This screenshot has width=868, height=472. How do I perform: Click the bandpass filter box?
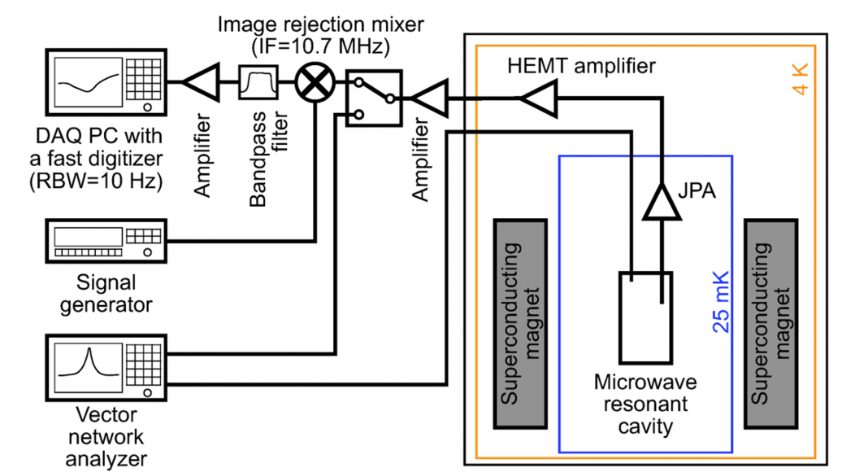click(x=258, y=82)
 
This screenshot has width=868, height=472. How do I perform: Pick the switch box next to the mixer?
click(x=373, y=98)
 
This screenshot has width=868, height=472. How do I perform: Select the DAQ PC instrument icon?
click(x=106, y=81)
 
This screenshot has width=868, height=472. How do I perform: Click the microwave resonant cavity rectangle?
click(x=645, y=317)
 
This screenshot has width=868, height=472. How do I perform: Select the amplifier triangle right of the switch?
click(x=427, y=98)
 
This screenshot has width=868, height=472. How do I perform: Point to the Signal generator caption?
click(x=106, y=294)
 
